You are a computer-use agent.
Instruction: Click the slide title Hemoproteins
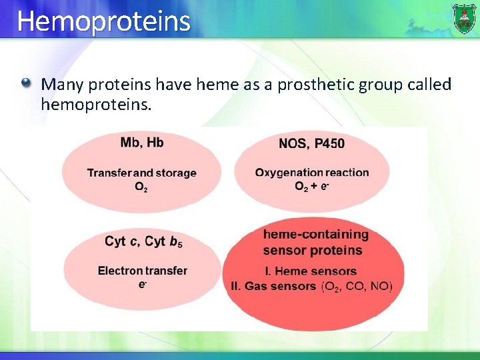103,21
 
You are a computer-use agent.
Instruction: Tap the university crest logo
464,18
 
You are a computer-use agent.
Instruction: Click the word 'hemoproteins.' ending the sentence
96,105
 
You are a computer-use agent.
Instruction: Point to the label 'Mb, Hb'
142,143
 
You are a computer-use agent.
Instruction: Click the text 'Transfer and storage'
141,173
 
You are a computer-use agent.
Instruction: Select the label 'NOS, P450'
311,143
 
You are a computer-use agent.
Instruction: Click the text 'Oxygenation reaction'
311,173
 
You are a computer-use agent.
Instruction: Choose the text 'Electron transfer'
142,271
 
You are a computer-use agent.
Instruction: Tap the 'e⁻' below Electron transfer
142,285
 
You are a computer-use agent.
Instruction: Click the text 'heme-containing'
315,235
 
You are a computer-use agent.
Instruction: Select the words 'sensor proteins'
312,251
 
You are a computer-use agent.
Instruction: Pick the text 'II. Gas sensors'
273,286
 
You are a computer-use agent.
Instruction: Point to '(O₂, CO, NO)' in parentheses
357,286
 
